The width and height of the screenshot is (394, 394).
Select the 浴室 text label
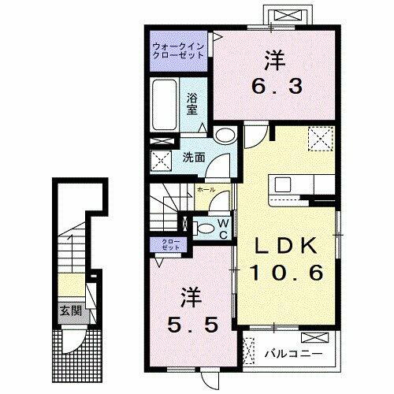point(192,105)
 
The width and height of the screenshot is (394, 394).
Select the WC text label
point(223,229)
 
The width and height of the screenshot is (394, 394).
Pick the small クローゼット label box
point(169,244)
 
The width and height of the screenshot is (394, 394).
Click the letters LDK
point(286,247)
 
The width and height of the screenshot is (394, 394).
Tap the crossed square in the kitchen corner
point(319,140)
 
